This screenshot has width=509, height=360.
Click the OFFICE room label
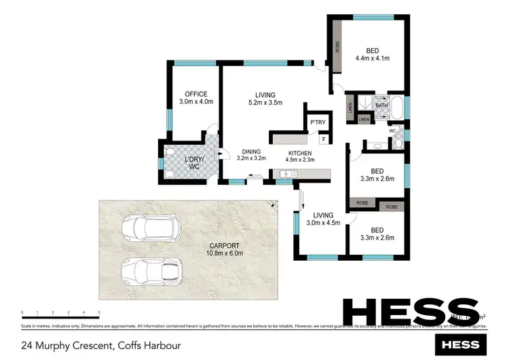(196, 94)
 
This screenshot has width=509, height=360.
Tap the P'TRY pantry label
(318, 122)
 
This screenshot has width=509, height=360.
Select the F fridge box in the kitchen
(324, 139)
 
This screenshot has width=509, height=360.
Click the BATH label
(381, 105)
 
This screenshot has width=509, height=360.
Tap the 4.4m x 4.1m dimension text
(373, 58)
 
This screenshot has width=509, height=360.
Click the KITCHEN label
(299, 153)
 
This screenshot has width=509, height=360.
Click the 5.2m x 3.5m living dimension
(264, 103)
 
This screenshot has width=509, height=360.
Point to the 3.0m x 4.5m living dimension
(323, 223)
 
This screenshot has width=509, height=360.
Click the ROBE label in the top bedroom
(337, 48)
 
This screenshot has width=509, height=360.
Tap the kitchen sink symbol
(286, 175)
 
